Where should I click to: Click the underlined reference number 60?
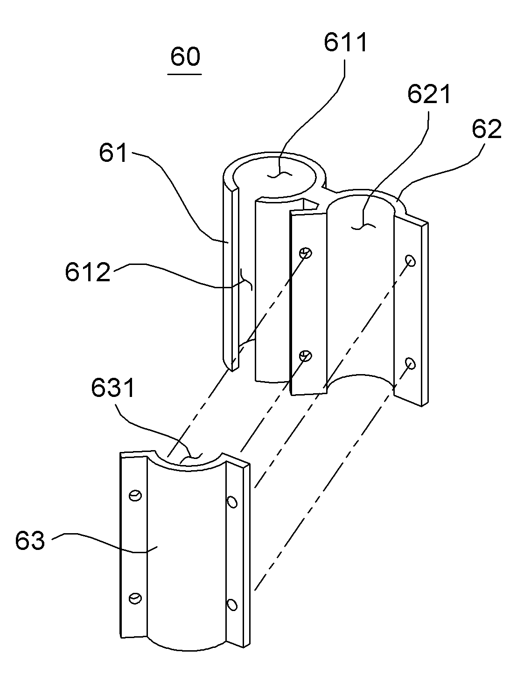[185, 57]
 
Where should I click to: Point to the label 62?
[487, 129]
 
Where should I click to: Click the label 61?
[113, 153]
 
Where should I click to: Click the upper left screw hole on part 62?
[306, 253]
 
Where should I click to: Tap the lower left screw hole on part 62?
[306, 356]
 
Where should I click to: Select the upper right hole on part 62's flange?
[411, 260]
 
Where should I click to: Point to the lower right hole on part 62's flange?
[411, 363]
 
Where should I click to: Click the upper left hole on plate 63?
[135, 495]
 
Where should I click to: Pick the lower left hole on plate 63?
[135, 598]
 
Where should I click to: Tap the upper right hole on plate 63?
[232, 502]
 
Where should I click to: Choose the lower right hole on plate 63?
[232, 605]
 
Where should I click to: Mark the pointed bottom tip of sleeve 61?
[232, 371]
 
